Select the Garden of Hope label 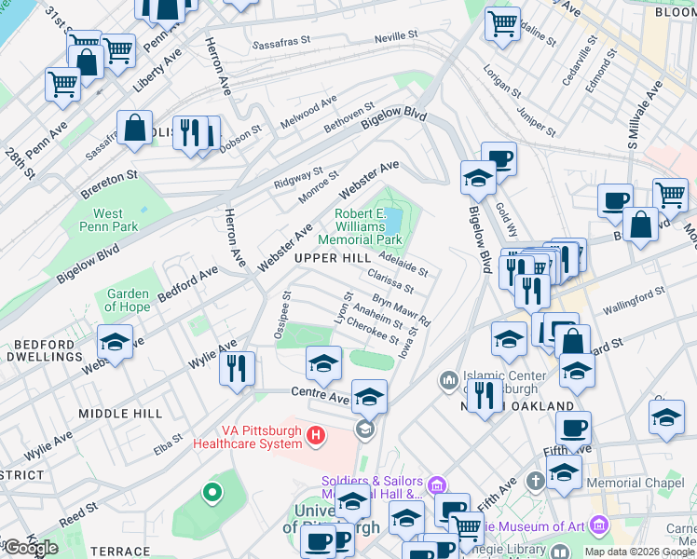click(128, 301)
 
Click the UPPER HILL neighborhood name click(326, 257)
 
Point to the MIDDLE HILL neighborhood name click(120, 413)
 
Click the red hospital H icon click(316, 435)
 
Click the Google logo click(31, 547)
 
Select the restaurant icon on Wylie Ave click(238, 367)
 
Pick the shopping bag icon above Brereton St click(135, 128)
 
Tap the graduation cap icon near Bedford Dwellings click(115, 342)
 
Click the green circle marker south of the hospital click(212, 492)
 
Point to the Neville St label click(395, 36)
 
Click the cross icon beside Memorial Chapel click(535, 481)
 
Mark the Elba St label click(170, 445)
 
